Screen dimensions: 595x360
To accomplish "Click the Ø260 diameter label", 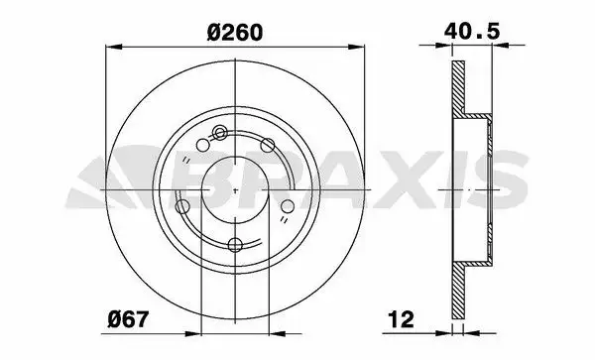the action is (235, 33).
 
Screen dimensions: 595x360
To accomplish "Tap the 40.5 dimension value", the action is (472, 31).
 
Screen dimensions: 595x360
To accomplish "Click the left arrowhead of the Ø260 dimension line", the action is (114, 47).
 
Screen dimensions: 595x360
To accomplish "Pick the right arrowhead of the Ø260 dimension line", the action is (356, 47).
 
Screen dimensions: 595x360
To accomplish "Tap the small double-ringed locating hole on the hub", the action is (219, 133).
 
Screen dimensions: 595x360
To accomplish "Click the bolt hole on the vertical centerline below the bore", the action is (235, 245).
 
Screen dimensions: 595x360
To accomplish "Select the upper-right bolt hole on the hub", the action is (268, 145).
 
